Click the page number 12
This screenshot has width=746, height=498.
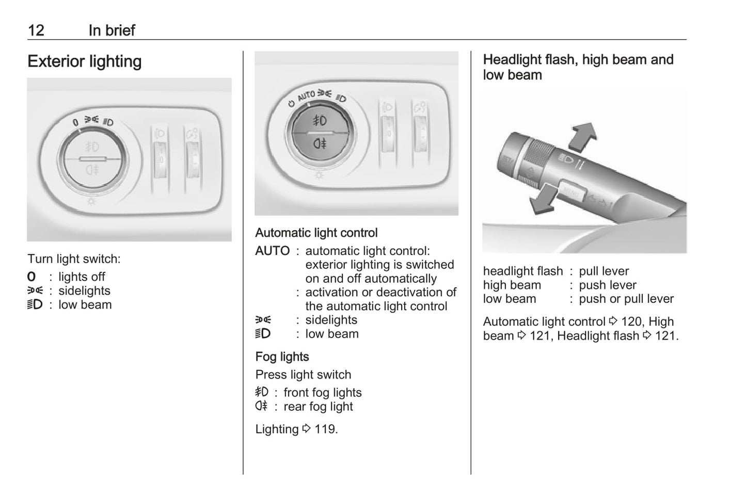point(36,30)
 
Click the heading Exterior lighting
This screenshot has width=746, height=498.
point(85,61)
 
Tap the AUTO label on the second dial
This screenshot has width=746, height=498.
point(306,95)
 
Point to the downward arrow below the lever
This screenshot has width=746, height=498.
point(543,199)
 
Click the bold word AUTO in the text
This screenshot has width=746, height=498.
point(273,251)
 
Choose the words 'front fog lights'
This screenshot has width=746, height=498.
point(322,393)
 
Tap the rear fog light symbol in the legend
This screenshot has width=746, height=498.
point(261,406)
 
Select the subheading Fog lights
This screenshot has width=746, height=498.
point(282,357)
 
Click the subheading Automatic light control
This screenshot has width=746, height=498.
point(316,233)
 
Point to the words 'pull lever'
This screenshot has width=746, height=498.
point(604,271)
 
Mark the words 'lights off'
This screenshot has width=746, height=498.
point(82,277)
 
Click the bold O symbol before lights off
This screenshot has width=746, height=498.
point(31,277)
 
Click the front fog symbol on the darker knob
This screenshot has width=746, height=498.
point(320,121)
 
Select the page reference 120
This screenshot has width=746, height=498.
point(631,321)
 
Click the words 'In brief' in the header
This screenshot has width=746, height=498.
point(112,30)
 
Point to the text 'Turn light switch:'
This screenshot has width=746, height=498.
point(74,259)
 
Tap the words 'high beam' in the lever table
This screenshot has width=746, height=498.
point(512,285)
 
